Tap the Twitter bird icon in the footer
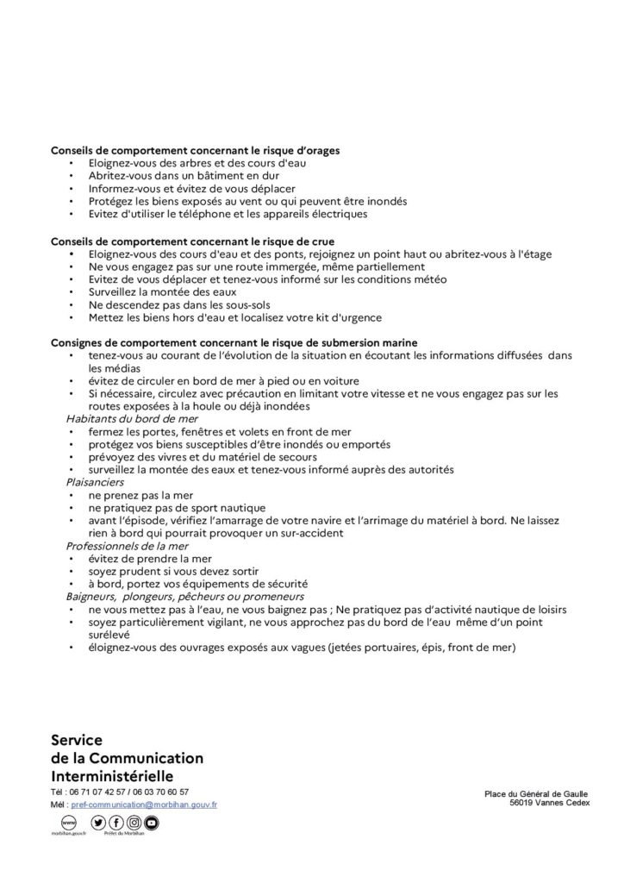pyautogui.click(x=98, y=824)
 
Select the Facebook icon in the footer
pyautogui.click(x=116, y=824)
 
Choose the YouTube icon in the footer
pyautogui.click(x=152, y=824)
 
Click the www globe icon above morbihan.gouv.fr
pyautogui.click(x=62, y=824)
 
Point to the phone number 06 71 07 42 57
pyautogui.click(x=99, y=792)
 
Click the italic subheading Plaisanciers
pyautogui.click(x=94, y=482)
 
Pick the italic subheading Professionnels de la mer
pyautogui.click(x=126, y=547)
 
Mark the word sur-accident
pyautogui.click(x=309, y=534)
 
